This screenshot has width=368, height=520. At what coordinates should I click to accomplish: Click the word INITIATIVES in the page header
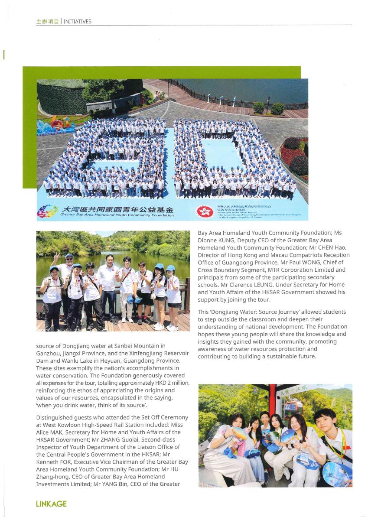(78, 21)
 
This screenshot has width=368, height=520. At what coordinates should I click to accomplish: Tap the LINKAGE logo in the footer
(51, 504)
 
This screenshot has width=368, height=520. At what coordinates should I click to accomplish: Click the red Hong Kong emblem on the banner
(205, 211)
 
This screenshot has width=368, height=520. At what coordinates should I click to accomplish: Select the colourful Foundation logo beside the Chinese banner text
(47, 211)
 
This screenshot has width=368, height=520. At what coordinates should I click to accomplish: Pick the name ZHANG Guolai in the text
(88, 439)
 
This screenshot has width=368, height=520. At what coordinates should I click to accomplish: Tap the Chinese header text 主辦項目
(47, 21)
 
